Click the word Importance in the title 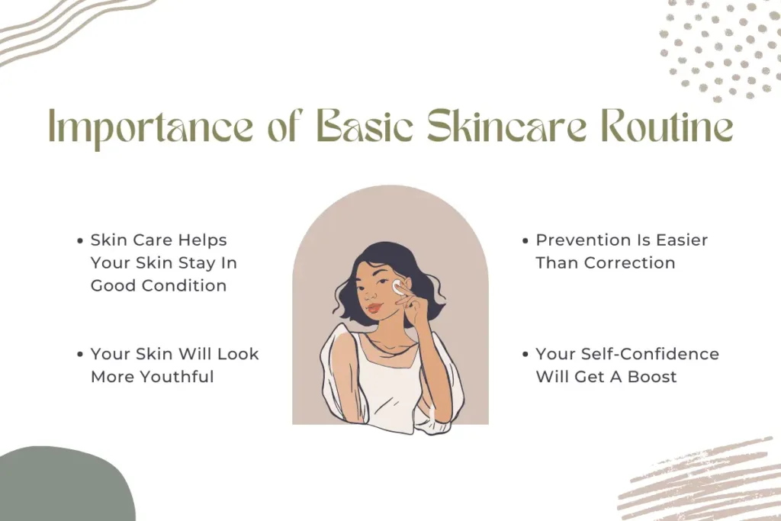tap(144, 128)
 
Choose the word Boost tap(651, 377)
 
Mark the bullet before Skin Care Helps tap(81, 241)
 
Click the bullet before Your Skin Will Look tap(81, 355)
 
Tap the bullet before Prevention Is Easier tap(525, 241)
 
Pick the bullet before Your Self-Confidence tap(525, 355)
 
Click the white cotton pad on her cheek tap(398, 289)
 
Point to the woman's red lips tap(373, 307)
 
